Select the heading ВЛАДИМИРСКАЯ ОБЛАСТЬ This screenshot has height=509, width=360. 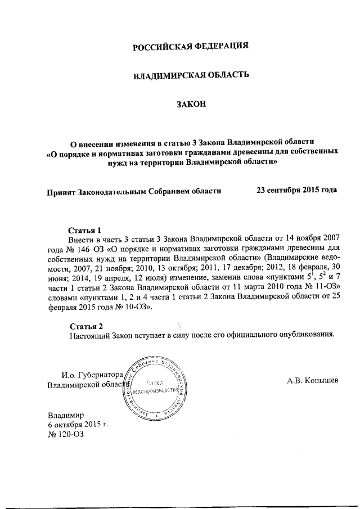pyautogui.click(x=190, y=75)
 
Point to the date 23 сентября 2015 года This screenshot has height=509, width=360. pyautogui.click(x=296, y=190)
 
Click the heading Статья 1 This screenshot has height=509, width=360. pyautogui.click(x=84, y=230)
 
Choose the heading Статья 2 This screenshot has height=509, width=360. pyautogui.click(x=87, y=326)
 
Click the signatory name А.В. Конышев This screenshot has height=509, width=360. pyautogui.click(x=313, y=380)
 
